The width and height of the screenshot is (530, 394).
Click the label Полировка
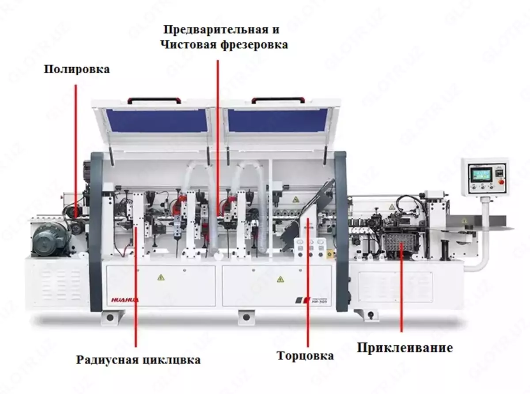[x=76, y=69]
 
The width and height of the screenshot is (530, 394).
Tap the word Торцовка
[x=305, y=356]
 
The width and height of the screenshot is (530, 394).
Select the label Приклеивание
[x=405, y=348]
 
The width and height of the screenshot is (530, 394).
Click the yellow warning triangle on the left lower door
[x=160, y=277]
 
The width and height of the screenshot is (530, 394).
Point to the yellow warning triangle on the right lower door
[x=279, y=279]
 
